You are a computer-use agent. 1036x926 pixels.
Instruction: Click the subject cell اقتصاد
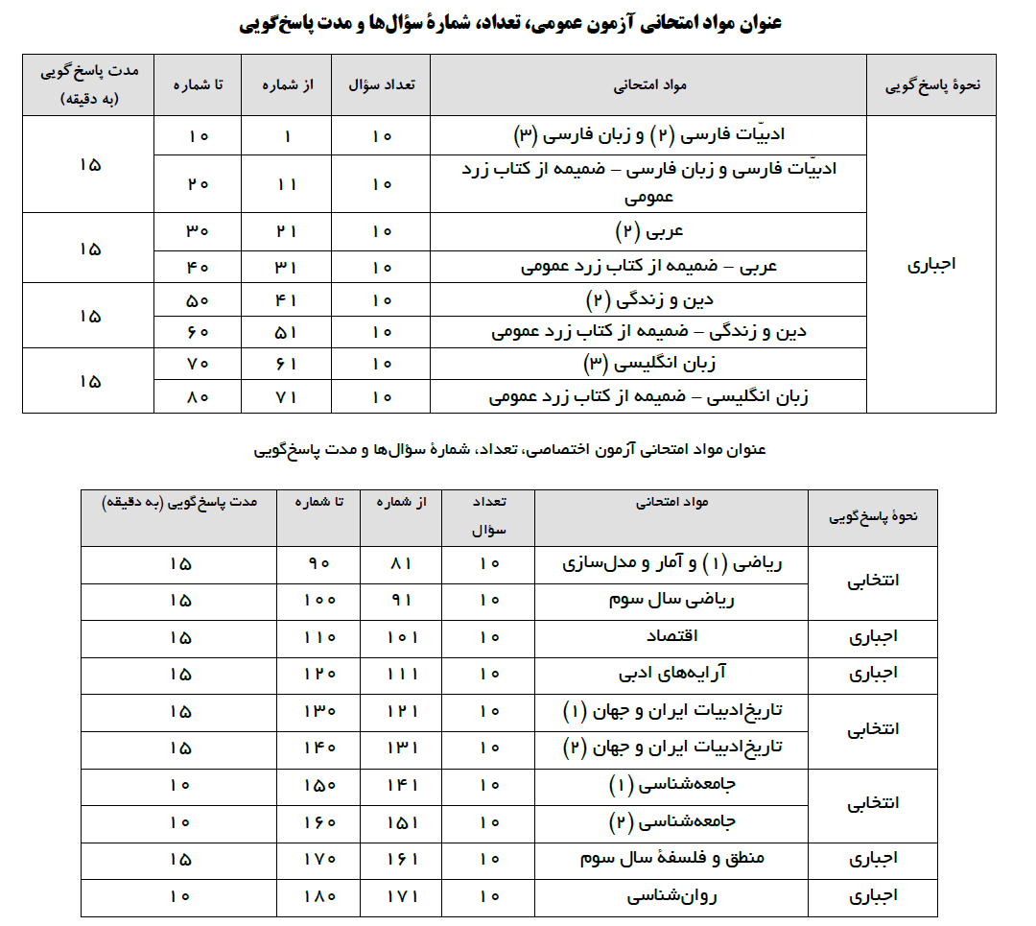[671, 637]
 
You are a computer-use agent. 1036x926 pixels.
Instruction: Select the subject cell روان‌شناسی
[671, 896]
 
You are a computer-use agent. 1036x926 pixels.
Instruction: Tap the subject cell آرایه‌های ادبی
[671, 674]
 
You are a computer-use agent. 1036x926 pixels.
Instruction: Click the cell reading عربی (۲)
[647, 231]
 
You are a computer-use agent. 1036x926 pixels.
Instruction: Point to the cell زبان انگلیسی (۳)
[647, 363]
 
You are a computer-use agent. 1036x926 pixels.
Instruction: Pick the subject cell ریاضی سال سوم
[671, 600]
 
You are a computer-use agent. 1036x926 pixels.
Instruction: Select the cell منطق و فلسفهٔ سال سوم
[671, 859]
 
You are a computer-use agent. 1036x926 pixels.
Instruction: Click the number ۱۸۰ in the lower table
[318, 896]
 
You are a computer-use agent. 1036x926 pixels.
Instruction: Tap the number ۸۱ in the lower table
[400, 563]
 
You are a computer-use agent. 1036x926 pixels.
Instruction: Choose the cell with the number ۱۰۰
[318, 600]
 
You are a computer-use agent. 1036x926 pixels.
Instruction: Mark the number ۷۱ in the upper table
[287, 395]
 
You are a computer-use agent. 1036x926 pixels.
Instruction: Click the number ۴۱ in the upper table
[287, 299]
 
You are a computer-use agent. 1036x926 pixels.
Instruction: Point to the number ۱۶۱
[400, 859]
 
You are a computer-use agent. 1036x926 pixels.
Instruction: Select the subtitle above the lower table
[509, 448]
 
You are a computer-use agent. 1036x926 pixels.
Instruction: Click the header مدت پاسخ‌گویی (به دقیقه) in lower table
[179, 502]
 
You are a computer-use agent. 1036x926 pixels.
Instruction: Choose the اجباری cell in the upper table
[930, 264]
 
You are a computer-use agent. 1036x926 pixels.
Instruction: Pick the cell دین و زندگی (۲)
[647, 299]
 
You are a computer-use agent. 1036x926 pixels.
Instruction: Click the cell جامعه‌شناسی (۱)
[671, 785]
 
